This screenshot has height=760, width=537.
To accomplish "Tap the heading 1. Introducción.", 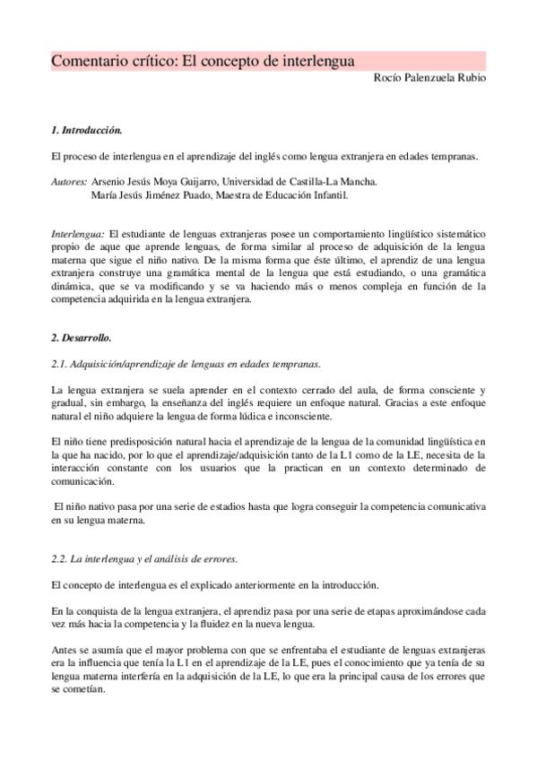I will (86, 130).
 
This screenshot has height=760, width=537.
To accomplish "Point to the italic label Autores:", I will (69, 181).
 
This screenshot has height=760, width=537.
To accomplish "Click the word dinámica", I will (74, 287).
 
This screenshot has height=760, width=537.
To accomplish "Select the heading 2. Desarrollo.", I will (81, 338).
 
